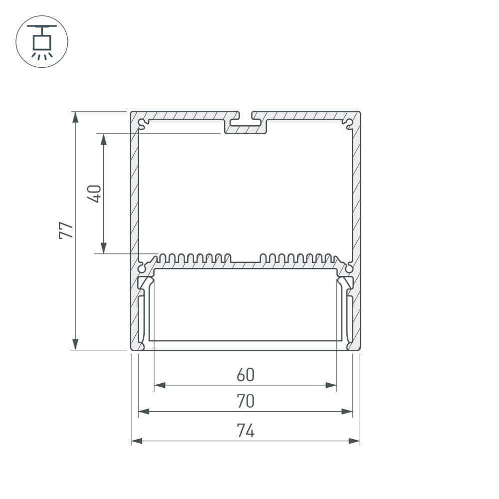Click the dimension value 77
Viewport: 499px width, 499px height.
pos(66,230)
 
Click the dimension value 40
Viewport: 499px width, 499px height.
pos(95,193)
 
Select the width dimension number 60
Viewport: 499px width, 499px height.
pos(246,375)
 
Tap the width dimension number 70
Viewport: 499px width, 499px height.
pos(246,401)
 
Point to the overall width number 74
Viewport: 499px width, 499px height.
pos(246,430)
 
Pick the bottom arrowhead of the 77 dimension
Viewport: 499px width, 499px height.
pos(75,344)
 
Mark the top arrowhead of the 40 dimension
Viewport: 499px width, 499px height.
pos(103,139)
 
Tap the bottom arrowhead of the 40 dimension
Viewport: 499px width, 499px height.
pos(103,248)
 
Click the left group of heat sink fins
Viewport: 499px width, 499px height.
pos(195,258)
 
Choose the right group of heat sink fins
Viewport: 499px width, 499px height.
pos(296,258)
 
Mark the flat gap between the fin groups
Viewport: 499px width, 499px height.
pos(246,262)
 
